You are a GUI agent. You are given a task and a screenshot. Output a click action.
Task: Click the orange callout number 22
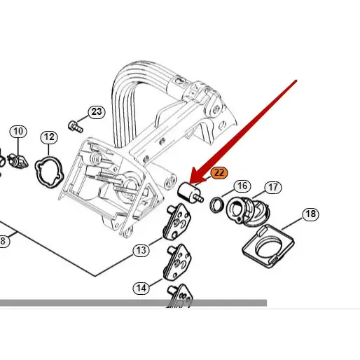219,172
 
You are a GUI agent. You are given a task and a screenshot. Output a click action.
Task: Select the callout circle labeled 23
96,111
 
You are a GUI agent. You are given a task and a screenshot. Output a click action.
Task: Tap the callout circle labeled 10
18,131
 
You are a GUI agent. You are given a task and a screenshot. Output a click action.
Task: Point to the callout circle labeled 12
48,137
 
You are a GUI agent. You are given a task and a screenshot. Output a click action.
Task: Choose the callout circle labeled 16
242,186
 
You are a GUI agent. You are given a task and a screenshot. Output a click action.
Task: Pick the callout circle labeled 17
273,187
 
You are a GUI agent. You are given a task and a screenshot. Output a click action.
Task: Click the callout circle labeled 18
310,214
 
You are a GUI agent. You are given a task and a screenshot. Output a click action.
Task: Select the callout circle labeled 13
141,250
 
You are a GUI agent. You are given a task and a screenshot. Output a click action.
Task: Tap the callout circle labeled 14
141,287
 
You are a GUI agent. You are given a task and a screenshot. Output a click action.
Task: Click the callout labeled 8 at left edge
3,242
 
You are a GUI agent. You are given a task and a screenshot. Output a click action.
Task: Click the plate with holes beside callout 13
179,222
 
